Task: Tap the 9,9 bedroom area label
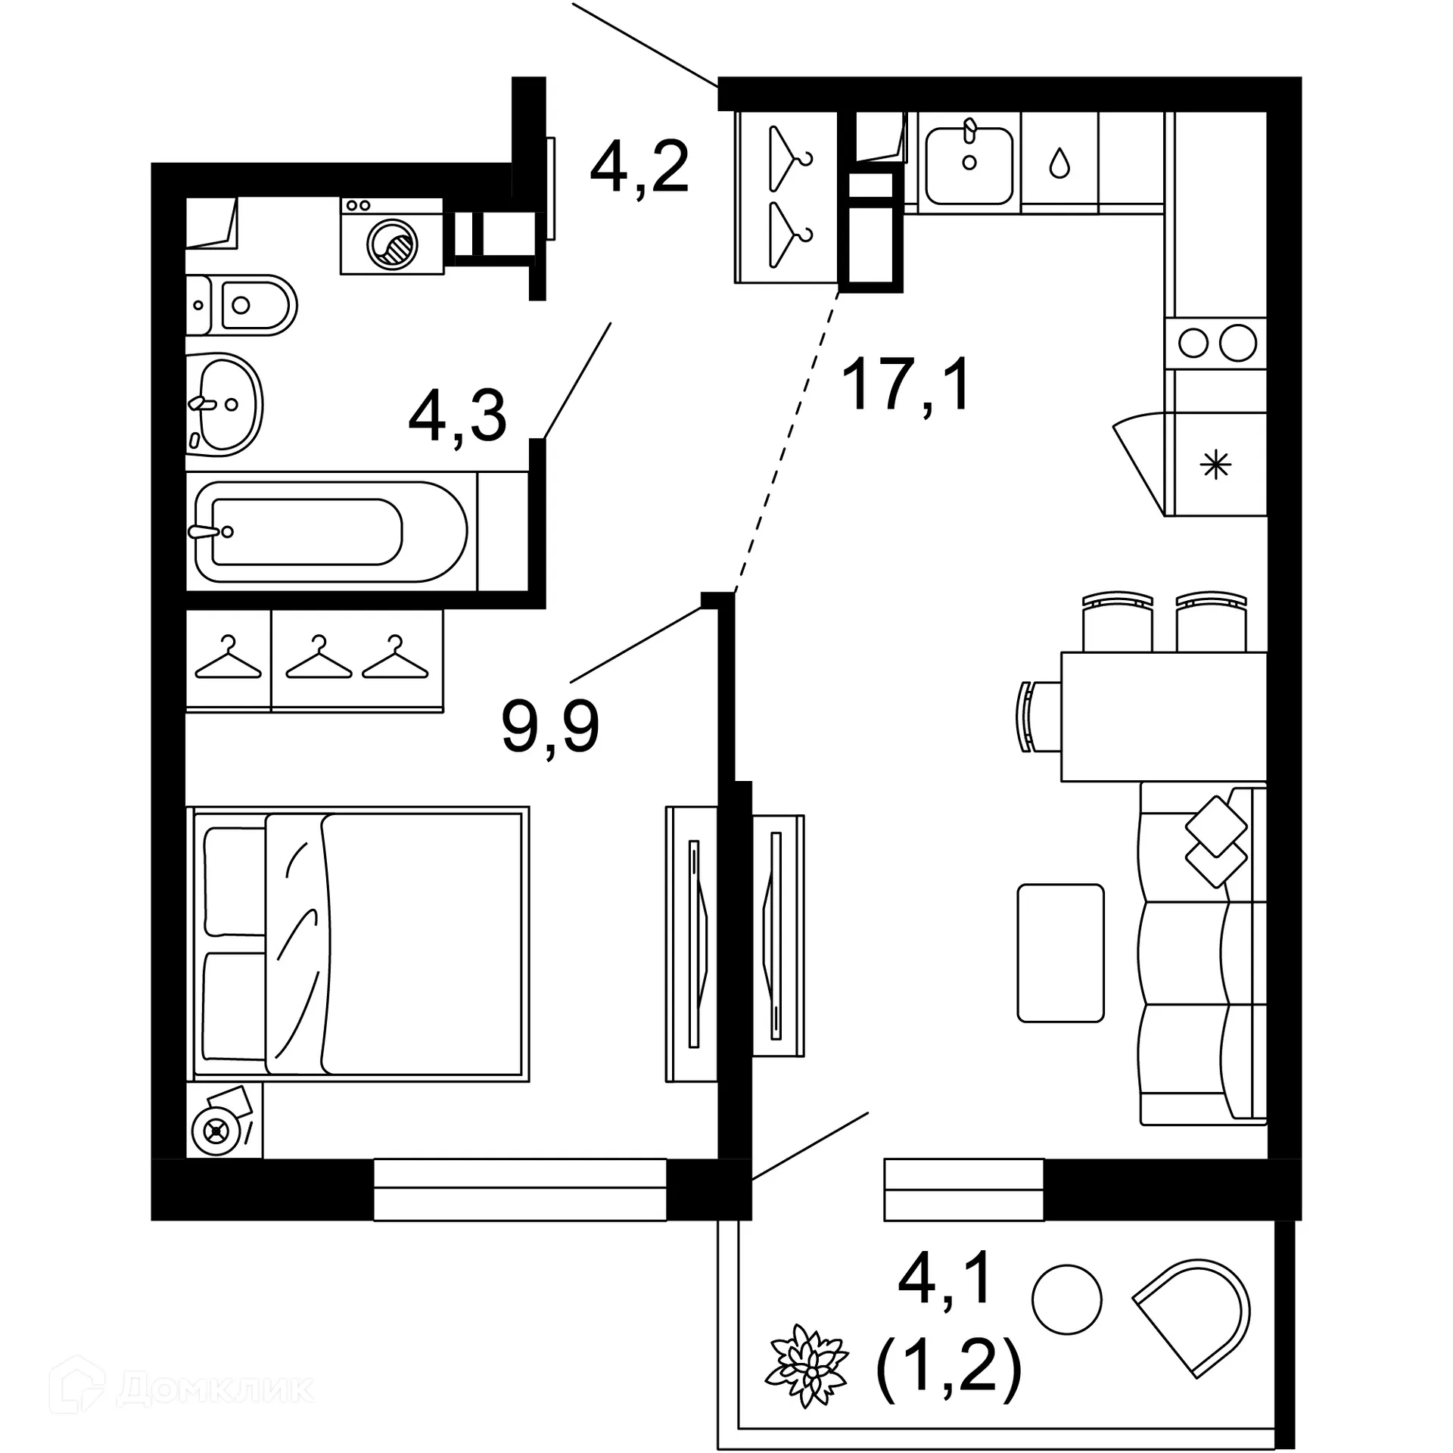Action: (x=550, y=726)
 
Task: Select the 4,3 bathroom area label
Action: (x=457, y=417)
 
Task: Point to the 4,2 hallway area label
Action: (x=639, y=168)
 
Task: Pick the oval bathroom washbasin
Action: (x=224, y=404)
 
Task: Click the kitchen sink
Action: (x=969, y=165)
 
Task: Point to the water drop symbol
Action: (x=1059, y=162)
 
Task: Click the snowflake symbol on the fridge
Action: (x=1216, y=465)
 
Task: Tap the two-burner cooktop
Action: (x=1216, y=344)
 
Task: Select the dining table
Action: (x=1163, y=716)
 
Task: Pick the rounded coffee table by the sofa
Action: (x=1060, y=953)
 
